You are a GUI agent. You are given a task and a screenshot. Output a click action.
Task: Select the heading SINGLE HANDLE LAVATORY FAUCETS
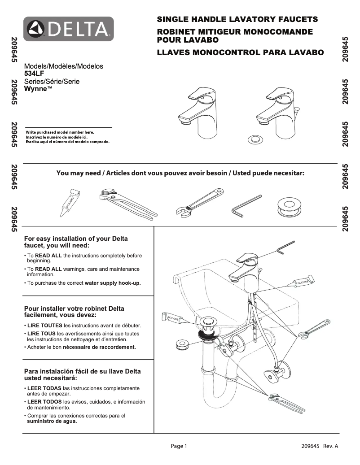[237, 19]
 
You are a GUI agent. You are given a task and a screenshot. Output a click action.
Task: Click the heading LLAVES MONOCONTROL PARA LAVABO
[240, 52]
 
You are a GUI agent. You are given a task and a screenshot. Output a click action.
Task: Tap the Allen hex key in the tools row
[246, 204]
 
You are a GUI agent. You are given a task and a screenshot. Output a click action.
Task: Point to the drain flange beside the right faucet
[255, 138]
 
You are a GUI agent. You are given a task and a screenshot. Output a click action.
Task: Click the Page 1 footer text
[178, 446]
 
